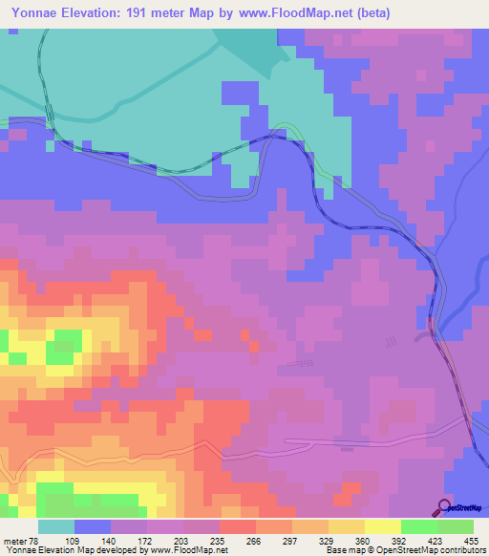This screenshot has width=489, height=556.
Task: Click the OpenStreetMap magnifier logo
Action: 444,506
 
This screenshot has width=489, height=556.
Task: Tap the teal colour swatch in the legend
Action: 56,526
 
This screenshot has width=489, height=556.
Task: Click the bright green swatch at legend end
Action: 455,526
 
